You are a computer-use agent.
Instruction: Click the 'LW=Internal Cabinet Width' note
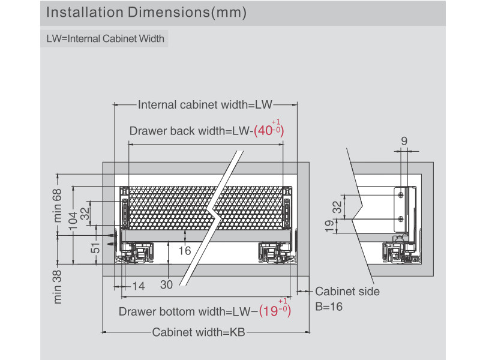point(106,39)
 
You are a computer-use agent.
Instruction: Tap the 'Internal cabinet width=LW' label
point(205,105)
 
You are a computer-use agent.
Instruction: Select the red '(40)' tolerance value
point(268,131)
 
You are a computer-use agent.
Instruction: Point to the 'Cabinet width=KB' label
point(199,332)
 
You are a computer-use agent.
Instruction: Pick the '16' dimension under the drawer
point(185,250)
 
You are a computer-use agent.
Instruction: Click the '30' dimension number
point(166,285)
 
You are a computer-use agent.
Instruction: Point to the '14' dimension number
point(139,287)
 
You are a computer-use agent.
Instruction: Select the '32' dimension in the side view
point(337,206)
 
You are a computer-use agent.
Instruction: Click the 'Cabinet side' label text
point(347,292)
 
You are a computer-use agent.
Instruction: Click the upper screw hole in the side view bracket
point(401,194)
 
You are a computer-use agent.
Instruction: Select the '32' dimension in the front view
point(85,212)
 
